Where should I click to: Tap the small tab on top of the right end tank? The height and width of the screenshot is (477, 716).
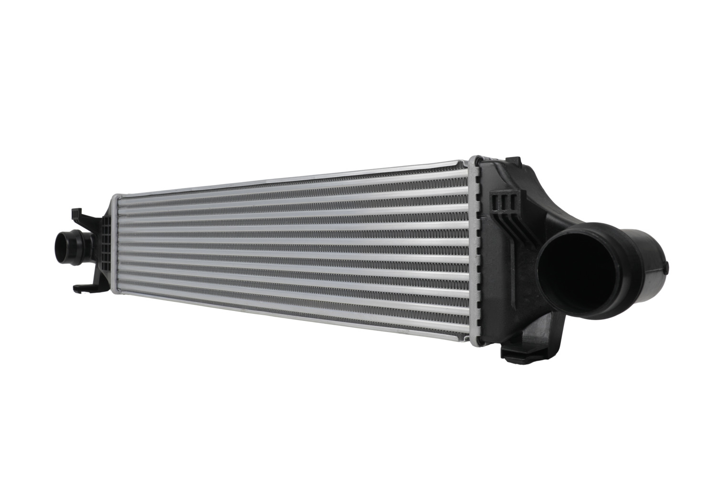[513, 160]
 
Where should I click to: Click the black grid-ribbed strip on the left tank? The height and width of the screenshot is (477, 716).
[105, 250]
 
